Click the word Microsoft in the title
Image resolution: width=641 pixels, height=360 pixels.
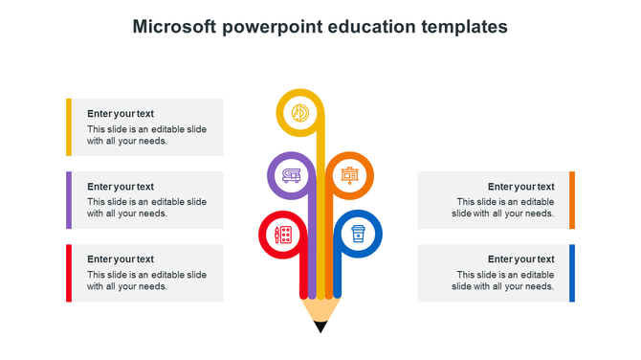174,27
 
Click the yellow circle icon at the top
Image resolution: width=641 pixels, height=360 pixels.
300,112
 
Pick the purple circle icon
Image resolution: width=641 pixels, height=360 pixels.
290,175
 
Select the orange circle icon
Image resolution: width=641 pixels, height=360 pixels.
350,175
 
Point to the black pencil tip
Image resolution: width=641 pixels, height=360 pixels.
320,327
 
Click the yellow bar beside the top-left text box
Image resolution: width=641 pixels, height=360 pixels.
69,126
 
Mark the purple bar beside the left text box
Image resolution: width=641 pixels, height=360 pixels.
69,200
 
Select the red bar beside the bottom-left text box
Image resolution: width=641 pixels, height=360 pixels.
69,273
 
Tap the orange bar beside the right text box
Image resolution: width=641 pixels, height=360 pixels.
572,200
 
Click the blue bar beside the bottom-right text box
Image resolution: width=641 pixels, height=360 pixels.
572,273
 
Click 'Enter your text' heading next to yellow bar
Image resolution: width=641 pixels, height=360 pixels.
121,114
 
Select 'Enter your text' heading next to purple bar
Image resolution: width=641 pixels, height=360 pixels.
121,187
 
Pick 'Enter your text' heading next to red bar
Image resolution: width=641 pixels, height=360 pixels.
121,259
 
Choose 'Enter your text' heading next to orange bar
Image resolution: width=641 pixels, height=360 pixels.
520,187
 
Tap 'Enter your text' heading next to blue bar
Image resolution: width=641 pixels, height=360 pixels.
520,259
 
